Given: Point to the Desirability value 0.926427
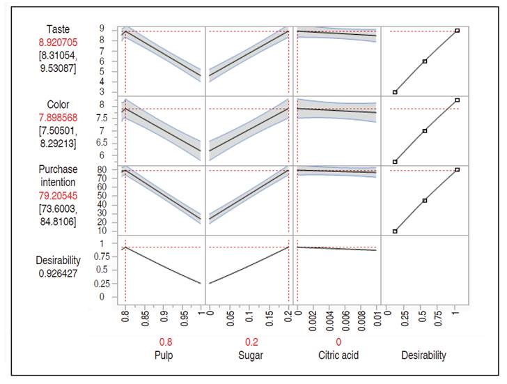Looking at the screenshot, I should [58, 274].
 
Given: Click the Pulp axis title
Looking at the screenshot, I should [164, 356].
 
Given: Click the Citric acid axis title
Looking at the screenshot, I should [338, 356].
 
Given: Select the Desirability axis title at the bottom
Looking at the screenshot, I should [423, 356].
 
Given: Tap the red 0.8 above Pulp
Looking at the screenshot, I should [164, 343].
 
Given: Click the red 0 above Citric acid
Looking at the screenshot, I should [338, 343].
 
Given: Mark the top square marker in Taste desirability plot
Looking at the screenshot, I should [457, 31].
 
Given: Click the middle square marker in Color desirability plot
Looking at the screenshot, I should [425, 131].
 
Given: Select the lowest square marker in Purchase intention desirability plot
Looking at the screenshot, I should [395, 231].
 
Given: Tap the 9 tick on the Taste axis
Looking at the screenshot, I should [102, 29].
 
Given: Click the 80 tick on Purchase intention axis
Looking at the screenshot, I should [100, 170].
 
